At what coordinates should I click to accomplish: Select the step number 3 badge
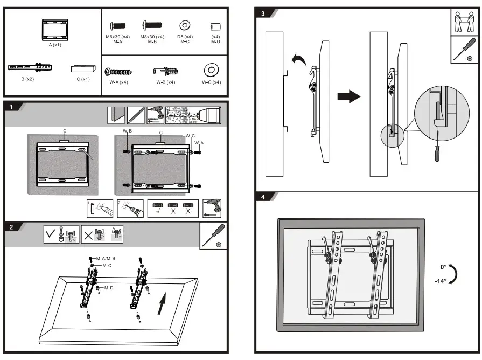pyautogui.click(x=263, y=13)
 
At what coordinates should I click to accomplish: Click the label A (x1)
pyautogui.click(x=54, y=45)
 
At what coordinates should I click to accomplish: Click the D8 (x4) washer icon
pyautogui.click(x=185, y=25)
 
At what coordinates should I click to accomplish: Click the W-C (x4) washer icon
pyautogui.click(x=211, y=70)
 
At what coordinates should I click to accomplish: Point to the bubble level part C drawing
pyautogui.click(x=83, y=68)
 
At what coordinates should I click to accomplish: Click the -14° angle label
pyautogui.click(x=440, y=281)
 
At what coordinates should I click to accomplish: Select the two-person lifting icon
pyautogui.click(x=464, y=21)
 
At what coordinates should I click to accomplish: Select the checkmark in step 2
pyautogui.click(x=51, y=235)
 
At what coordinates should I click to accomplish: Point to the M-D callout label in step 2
pyautogui.click(x=109, y=288)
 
